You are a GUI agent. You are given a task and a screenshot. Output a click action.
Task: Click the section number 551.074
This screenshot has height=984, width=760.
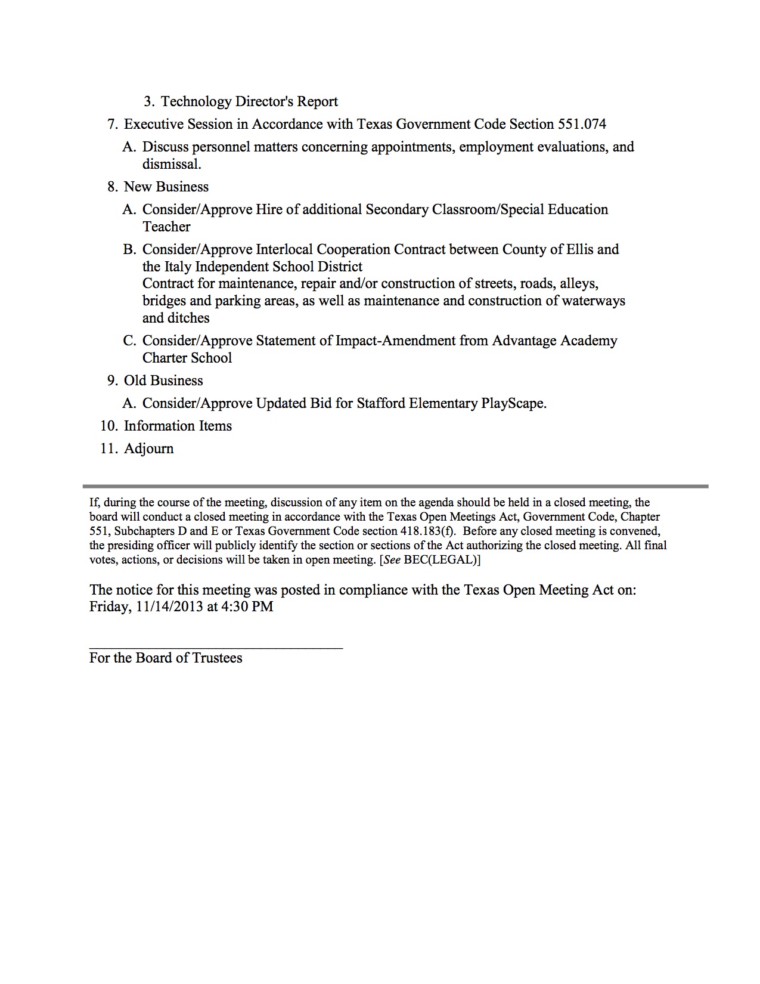(582, 124)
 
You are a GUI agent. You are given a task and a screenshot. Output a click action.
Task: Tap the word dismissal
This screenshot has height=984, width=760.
(172, 164)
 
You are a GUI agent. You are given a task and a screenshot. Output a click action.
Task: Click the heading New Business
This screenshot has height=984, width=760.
(166, 187)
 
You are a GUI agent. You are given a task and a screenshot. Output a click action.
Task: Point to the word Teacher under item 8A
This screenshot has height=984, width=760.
(166, 227)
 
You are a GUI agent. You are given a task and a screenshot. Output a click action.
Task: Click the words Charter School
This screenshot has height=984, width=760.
(187, 358)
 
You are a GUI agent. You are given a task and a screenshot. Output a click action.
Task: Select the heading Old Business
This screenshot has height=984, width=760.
(163, 380)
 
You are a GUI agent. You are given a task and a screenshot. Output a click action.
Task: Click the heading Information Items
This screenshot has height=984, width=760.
(178, 426)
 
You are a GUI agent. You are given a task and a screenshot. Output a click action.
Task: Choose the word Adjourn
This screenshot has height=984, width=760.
(149, 448)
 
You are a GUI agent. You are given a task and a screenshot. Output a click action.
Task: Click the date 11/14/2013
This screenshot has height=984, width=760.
(169, 607)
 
